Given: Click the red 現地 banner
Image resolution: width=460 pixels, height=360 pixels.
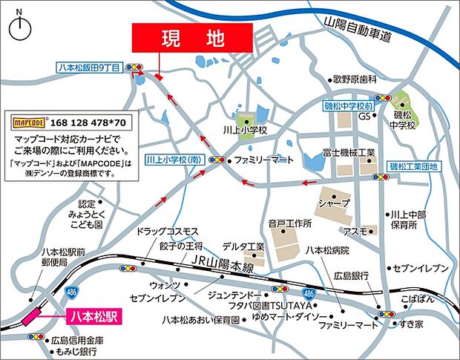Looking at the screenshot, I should [192, 38].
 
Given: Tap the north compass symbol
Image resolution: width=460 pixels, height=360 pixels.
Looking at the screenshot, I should [20, 28].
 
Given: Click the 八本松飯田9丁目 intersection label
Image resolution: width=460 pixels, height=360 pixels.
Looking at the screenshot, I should [89, 68].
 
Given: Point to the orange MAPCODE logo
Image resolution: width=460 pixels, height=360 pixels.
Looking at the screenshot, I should [30, 120].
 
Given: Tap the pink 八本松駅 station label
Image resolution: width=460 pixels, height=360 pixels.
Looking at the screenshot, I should [93, 316].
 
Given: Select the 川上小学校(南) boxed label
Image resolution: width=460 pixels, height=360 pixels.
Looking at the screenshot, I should [174, 159].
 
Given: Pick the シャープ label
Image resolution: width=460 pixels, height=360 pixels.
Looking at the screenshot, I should [332, 203].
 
